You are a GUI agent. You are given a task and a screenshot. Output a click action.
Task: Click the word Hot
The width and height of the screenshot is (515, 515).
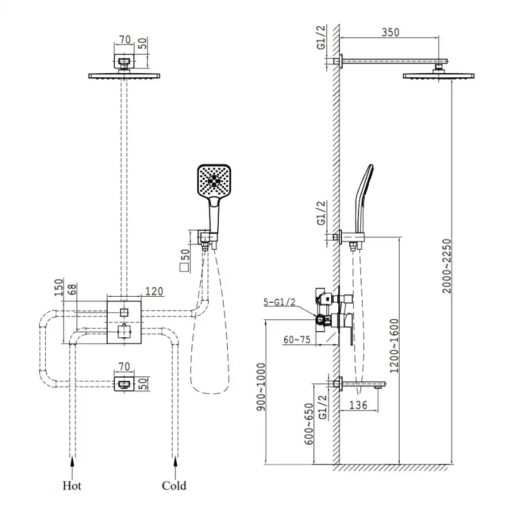[x=72, y=486]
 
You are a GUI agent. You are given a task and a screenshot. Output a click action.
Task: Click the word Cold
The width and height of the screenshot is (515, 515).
[x=174, y=486]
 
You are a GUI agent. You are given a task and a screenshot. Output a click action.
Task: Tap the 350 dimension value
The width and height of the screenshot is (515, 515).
[x=390, y=33]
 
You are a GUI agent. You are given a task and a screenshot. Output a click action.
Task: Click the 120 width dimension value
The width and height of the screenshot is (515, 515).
[x=155, y=291]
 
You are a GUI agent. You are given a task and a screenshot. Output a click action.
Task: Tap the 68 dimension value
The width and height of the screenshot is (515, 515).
[x=71, y=291]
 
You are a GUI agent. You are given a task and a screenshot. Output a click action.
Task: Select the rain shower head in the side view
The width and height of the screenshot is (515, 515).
[x=439, y=76]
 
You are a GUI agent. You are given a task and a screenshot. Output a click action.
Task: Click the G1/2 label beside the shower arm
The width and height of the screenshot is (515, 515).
[x=321, y=38]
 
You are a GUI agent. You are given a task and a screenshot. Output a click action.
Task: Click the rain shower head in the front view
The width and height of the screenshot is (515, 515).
[x=124, y=76]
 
